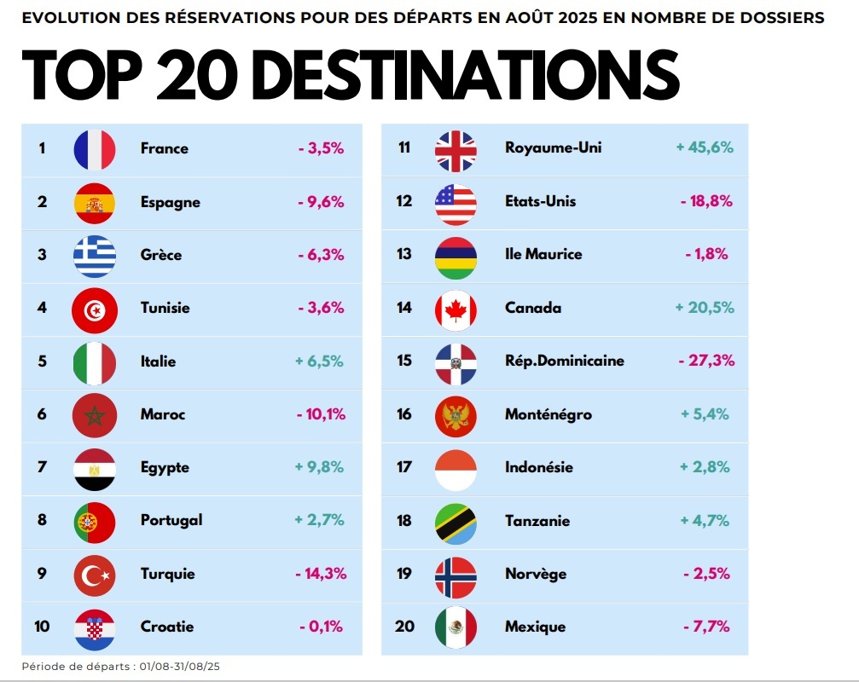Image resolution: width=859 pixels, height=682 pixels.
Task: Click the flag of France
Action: [x=94, y=149]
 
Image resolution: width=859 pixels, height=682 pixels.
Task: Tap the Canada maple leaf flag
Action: [x=456, y=309]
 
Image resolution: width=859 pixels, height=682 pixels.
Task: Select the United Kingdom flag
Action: [x=456, y=149]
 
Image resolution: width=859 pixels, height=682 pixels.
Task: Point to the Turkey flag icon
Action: [x=94, y=575]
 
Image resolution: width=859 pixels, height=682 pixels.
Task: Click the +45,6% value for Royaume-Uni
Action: [x=705, y=147]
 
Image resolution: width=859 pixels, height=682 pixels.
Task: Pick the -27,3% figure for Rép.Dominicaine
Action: [x=706, y=361]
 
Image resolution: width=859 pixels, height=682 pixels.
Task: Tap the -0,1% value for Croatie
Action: [x=321, y=627]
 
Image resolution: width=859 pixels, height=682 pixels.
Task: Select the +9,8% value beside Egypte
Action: [x=320, y=467]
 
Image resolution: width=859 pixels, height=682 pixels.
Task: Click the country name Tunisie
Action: [x=165, y=308]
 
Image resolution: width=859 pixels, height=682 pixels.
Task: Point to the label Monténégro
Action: [x=548, y=414]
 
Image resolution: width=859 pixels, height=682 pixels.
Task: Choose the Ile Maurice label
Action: [x=543, y=254]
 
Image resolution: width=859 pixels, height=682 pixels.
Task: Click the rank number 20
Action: [x=404, y=627]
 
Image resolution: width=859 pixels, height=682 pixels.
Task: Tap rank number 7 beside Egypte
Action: [x=42, y=467]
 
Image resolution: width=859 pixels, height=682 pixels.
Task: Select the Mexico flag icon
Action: [x=456, y=627]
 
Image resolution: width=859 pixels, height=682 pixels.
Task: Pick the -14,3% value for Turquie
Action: [x=320, y=574]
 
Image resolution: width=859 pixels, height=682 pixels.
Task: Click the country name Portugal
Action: [x=171, y=520]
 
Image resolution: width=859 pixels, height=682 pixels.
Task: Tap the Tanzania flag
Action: [x=456, y=521]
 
